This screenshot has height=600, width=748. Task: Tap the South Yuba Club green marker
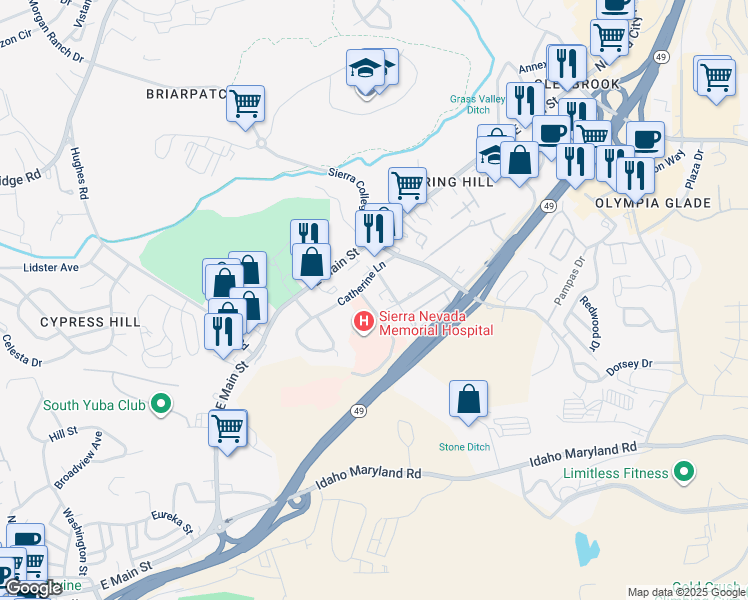tap(160, 405)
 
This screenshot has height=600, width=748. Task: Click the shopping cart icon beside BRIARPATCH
tap(245, 104)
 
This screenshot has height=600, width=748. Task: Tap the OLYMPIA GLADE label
tap(667, 203)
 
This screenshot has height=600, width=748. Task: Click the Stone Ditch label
tap(465, 446)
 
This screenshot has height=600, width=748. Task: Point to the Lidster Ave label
tap(50, 268)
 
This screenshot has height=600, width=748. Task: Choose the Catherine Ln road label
tap(361, 286)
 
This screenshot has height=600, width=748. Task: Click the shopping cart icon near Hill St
tap(228, 428)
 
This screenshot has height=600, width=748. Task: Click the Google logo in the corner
tap(33, 589)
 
